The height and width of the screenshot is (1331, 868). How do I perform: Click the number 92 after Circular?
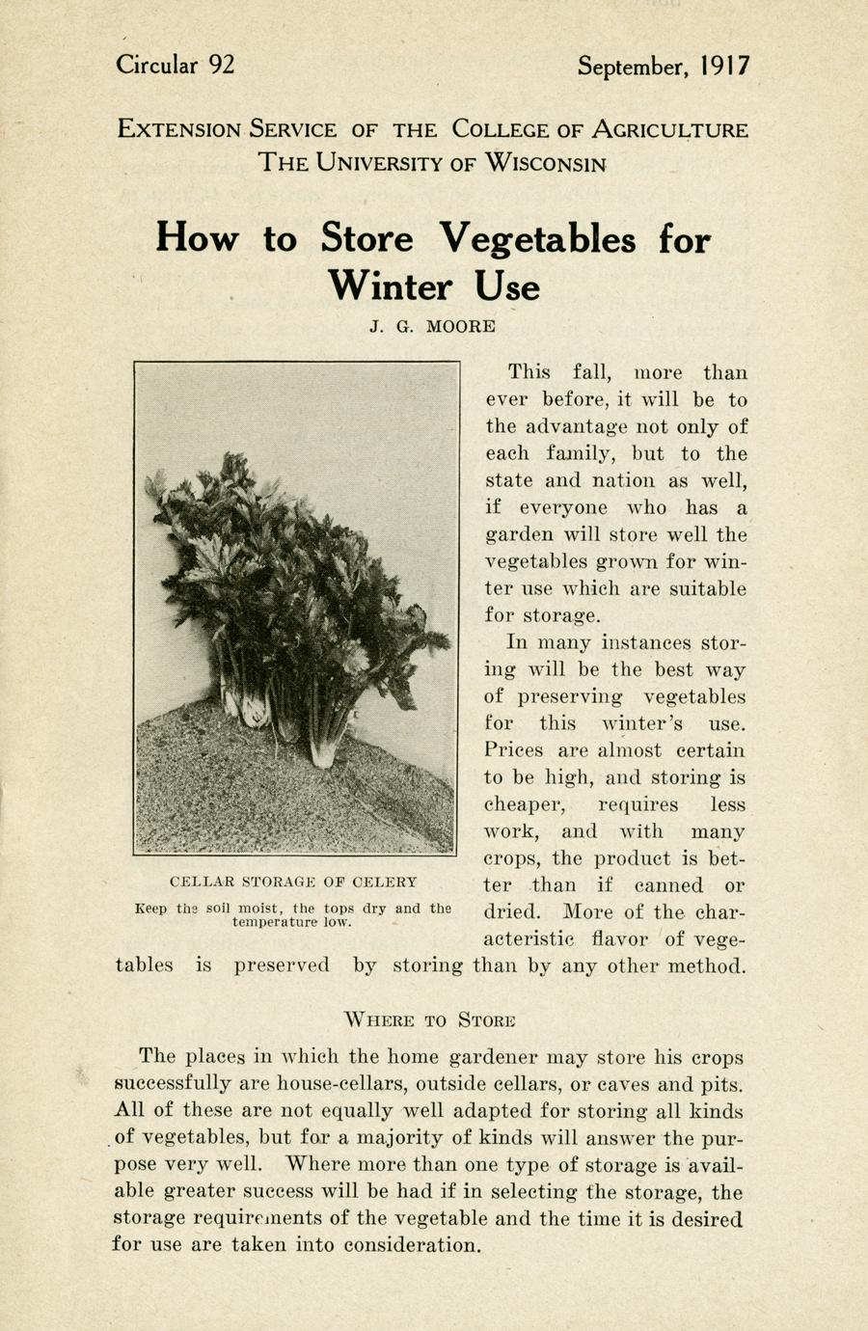[x=220, y=65]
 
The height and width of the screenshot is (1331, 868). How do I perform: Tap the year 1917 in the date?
[x=725, y=66]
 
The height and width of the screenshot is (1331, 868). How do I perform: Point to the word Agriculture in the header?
[x=668, y=129]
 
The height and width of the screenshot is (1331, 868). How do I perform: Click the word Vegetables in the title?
[x=538, y=238]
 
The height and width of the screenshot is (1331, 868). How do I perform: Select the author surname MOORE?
[x=461, y=326]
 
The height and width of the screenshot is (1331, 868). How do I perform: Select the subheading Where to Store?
[x=430, y=1019]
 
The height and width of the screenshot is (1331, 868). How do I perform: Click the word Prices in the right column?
[x=514, y=750]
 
